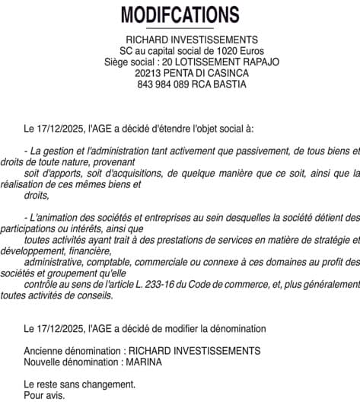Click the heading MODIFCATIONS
pos(180,14)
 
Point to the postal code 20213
pos(149,73)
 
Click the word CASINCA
pos(225,73)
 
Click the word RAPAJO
pos(259,62)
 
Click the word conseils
pos(96,295)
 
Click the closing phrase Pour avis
pos(44,396)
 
